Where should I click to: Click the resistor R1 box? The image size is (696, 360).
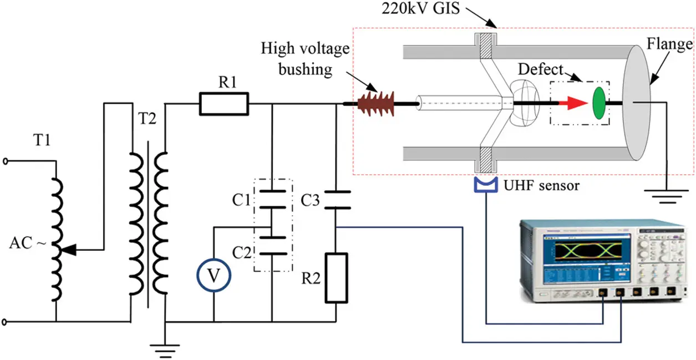tap(224, 104)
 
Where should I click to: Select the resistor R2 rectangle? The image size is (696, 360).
tap(336, 277)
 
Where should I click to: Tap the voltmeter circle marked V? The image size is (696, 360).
tap(214, 273)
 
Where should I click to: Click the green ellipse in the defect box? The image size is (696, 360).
tap(598, 103)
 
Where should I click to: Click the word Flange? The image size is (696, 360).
tap(673, 44)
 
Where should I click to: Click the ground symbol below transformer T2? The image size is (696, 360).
tap(165, 348)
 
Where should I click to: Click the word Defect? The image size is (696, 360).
tap(538, 70)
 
